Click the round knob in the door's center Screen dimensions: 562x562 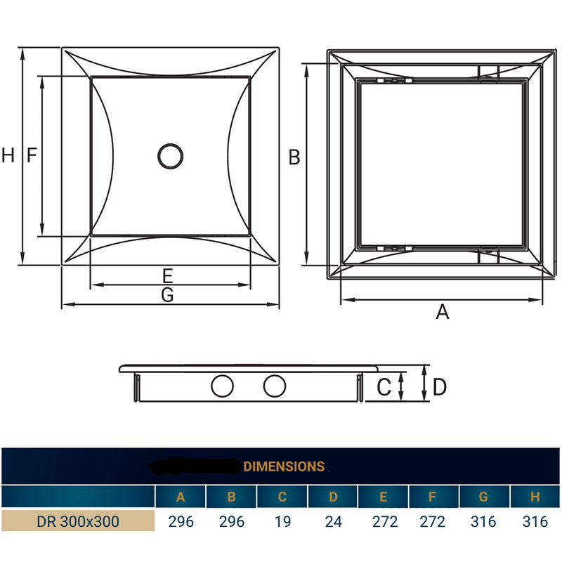coord(169,156)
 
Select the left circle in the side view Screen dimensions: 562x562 coord(223,386)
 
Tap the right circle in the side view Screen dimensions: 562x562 coord(275,386)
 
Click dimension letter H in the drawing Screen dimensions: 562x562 coord(8,156)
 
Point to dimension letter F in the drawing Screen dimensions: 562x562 coord(32,156)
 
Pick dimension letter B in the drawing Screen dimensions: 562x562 coord(294,157)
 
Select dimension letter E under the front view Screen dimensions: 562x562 coord(167,275)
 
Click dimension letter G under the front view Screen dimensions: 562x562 coord(167,296)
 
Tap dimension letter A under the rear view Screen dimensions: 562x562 coord(442,312)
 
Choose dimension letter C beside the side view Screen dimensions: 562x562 coord(384,386)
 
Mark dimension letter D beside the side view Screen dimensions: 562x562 coord(440,386)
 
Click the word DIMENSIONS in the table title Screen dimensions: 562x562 coord(284,466)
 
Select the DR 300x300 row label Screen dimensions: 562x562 coord(78,522)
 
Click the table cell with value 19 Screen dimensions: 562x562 coord(282,522)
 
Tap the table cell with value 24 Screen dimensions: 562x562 coord(332,522)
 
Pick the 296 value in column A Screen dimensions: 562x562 coord(181,522)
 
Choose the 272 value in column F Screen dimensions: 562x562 coord(433,522)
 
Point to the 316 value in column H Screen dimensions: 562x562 coord(535,522)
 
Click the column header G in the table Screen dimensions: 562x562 coord(483,497)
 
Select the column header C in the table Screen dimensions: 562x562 coord(282,497)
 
